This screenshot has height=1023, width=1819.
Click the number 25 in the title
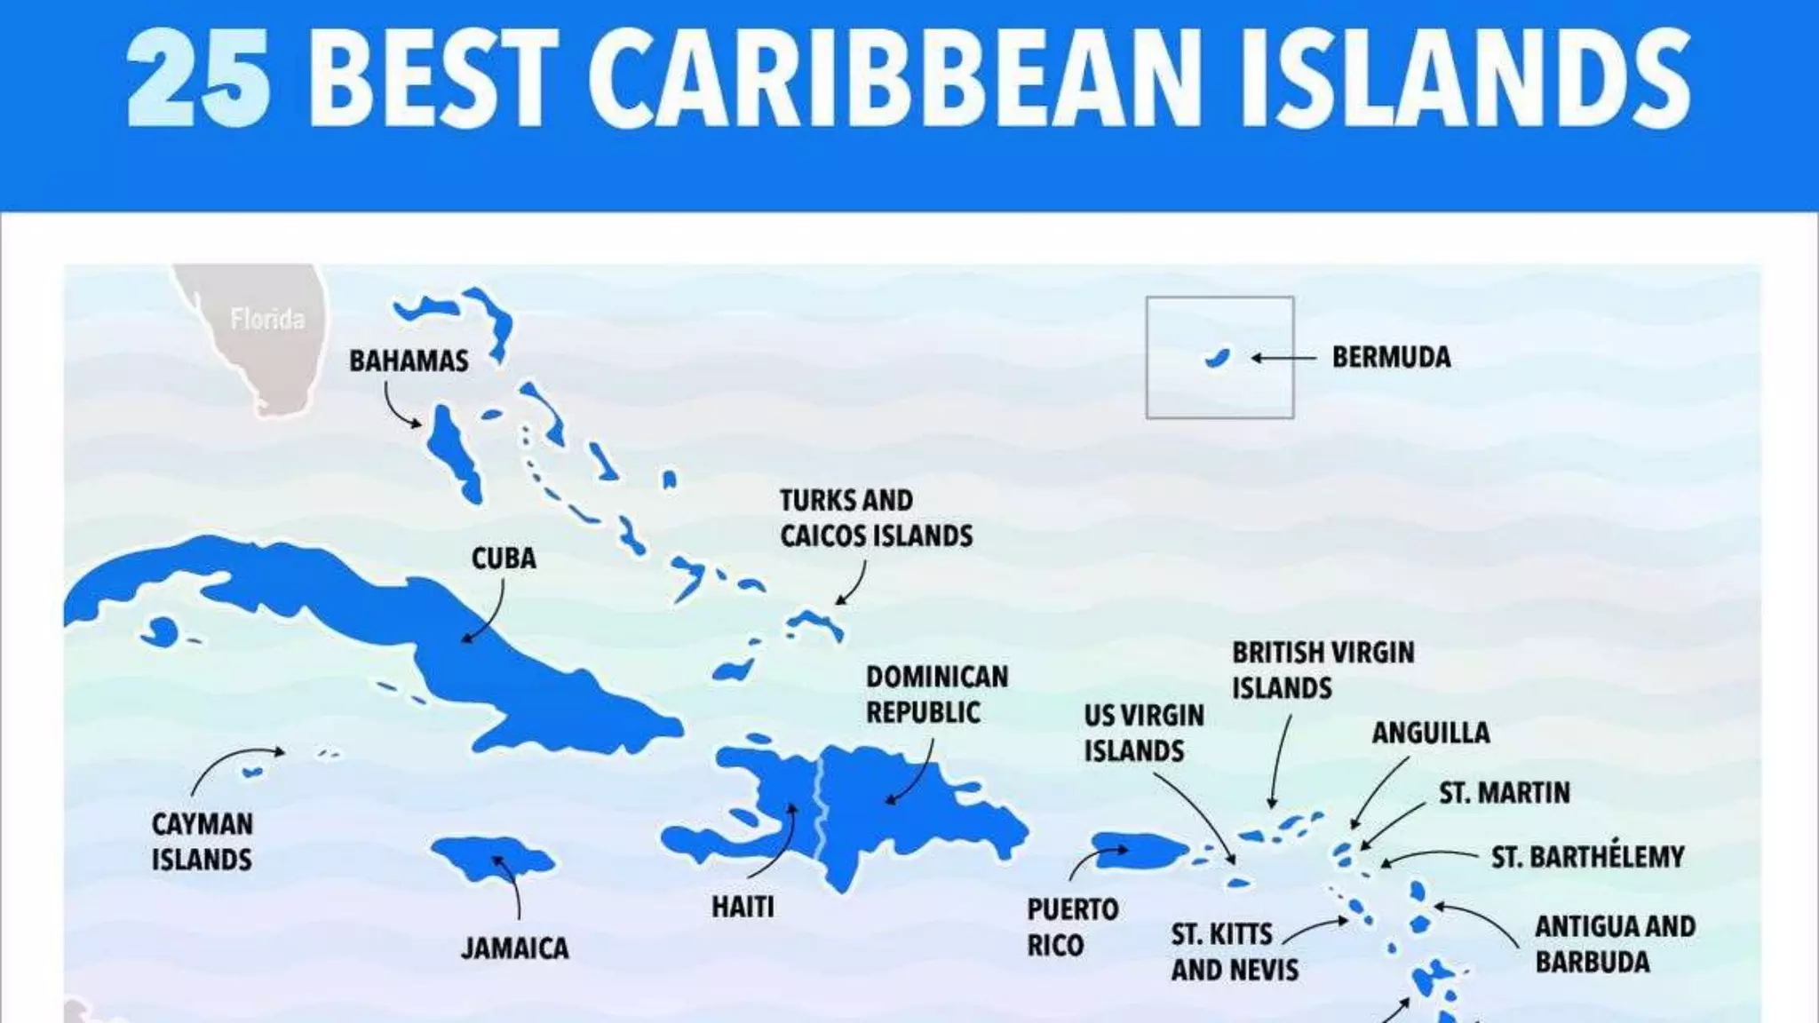pos(198,77)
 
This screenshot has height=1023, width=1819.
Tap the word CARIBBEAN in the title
pos(895,77)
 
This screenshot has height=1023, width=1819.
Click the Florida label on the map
pos(266,319)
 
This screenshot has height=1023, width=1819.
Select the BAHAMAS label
pos(409,361)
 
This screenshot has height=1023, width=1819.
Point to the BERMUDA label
pos(1391,357)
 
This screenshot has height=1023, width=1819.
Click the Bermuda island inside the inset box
pos(1217,358)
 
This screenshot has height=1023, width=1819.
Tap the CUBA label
pos(504,559)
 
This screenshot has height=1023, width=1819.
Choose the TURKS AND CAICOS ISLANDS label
pos(876,518)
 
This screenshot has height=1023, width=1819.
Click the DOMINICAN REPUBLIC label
pos(936,694)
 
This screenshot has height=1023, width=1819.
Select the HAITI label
pos(743,907)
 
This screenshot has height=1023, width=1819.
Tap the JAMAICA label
pos(515,948)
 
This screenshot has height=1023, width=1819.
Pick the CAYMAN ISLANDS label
pos(202,842)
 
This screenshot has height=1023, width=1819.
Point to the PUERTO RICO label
pos(1072,927)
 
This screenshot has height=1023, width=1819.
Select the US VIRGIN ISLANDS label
pos(1144,733)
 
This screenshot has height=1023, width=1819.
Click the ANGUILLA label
pos(1431,733)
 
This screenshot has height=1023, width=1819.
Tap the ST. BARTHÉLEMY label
pos(1587,857)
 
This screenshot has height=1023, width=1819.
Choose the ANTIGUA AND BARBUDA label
pos(1615,944)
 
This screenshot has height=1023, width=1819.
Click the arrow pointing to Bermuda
pos(1283,358)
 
